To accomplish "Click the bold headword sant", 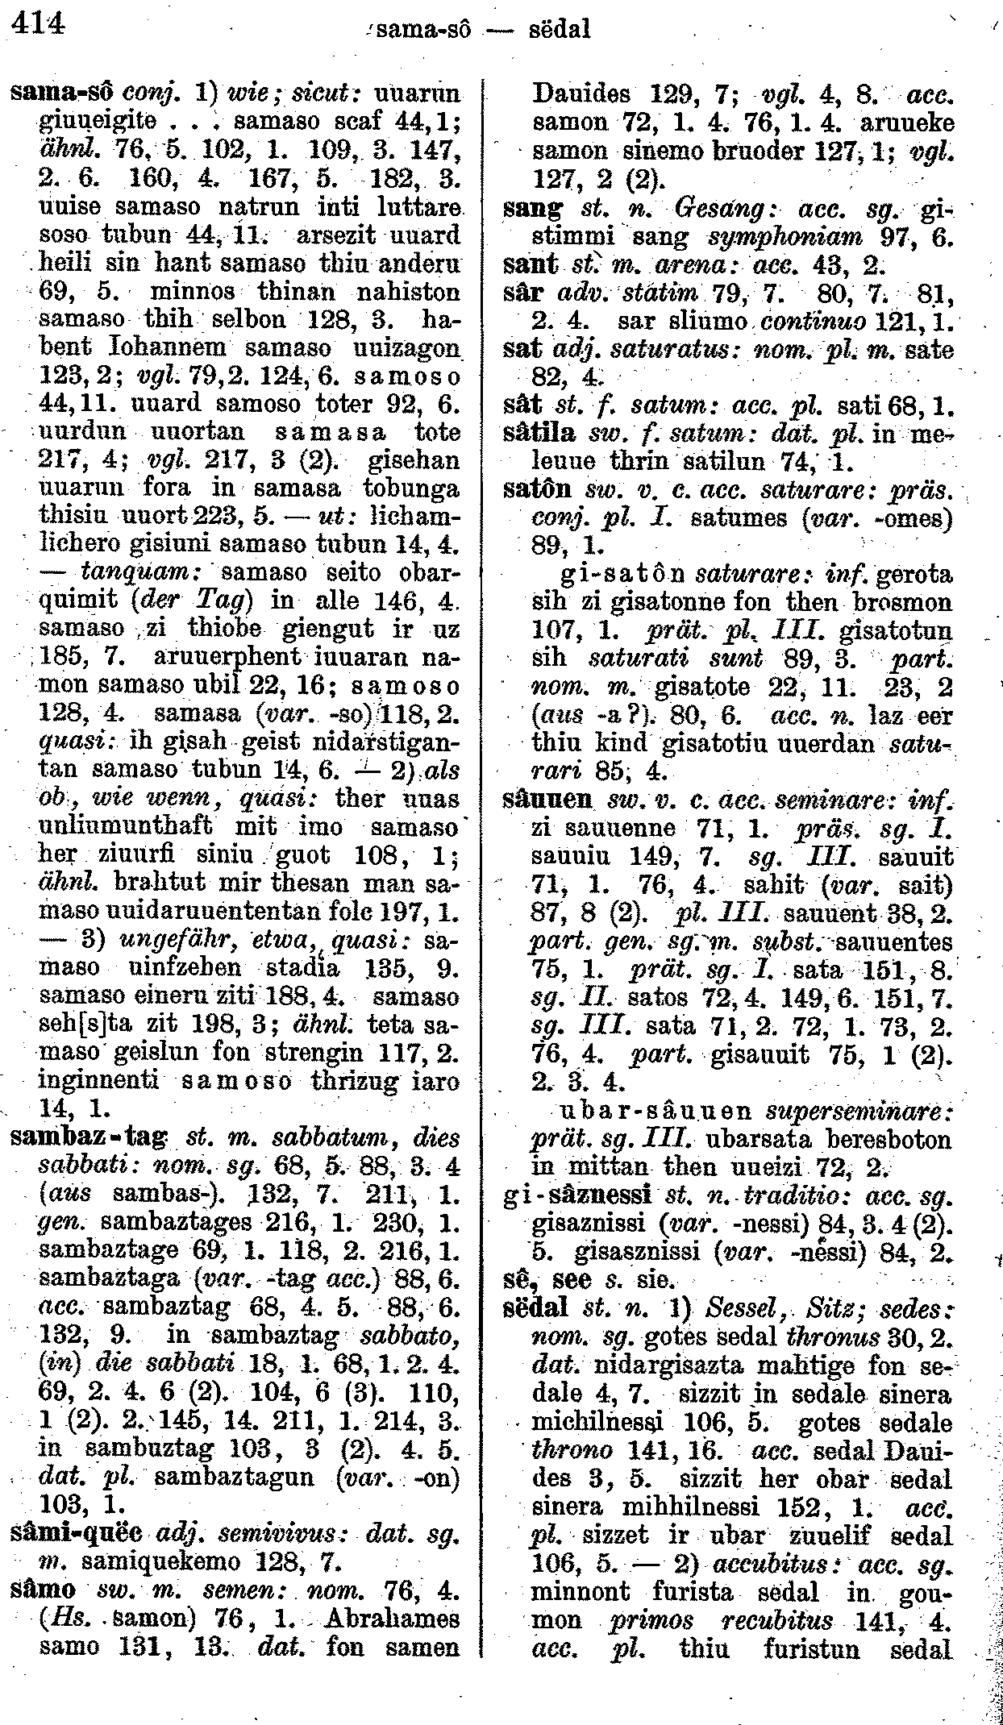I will pos(529,265).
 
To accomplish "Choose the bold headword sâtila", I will pos(539,433).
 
